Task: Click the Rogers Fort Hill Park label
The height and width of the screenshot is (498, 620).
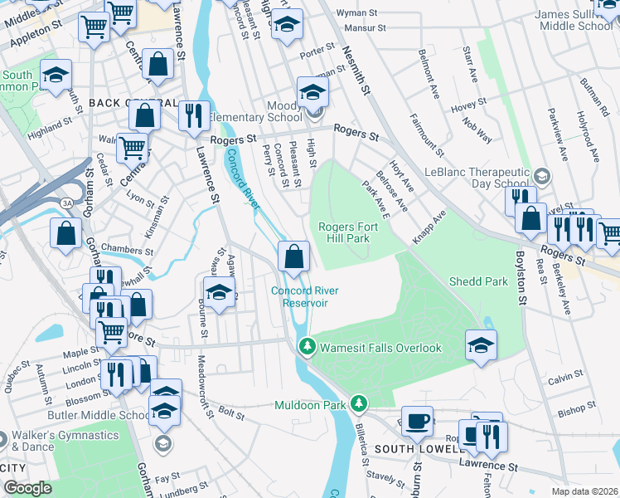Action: (344, 232)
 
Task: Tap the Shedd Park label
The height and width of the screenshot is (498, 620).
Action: (478, 281)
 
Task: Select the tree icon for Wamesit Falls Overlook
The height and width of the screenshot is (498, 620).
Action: (307, 345)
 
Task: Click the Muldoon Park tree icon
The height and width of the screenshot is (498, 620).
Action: (358, 403)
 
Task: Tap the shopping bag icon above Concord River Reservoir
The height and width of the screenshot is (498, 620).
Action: (293, 256)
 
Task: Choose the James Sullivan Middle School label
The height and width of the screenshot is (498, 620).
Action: (573, 20)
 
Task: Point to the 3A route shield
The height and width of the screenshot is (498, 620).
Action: (66, 203)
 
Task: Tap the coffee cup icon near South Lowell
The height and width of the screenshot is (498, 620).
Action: (417, 421)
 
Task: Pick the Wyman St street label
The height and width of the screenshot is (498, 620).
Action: (357, 13)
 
